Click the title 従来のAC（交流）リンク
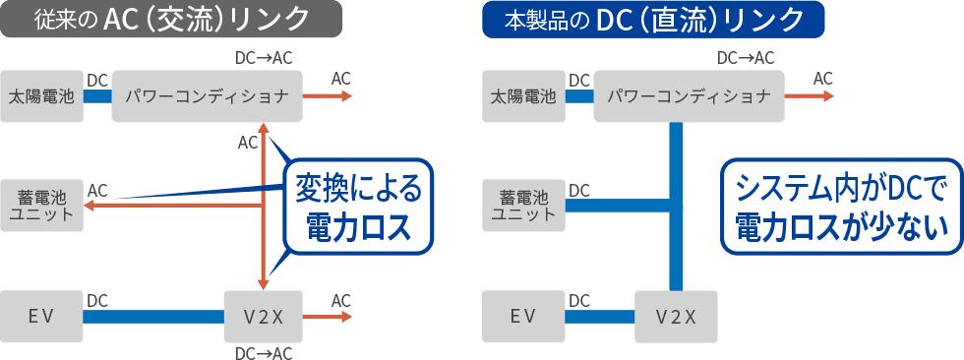[171, 20]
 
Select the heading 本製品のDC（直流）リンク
[653, 20]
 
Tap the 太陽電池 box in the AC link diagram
[42, 96]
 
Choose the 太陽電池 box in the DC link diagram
[523, 96]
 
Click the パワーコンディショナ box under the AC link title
[206, 96]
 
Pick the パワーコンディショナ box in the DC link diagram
[688, 96]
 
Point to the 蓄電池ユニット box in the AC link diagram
[42, 205]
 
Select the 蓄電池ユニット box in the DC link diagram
[523, 205]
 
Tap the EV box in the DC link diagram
[523, 316]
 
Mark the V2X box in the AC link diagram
[263, 316]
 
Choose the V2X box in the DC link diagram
[676, 316]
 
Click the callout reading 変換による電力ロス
[358, 206]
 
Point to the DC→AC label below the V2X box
[264, 351]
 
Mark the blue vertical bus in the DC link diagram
[676, 207]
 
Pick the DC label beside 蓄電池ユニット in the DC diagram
[579, 190]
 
